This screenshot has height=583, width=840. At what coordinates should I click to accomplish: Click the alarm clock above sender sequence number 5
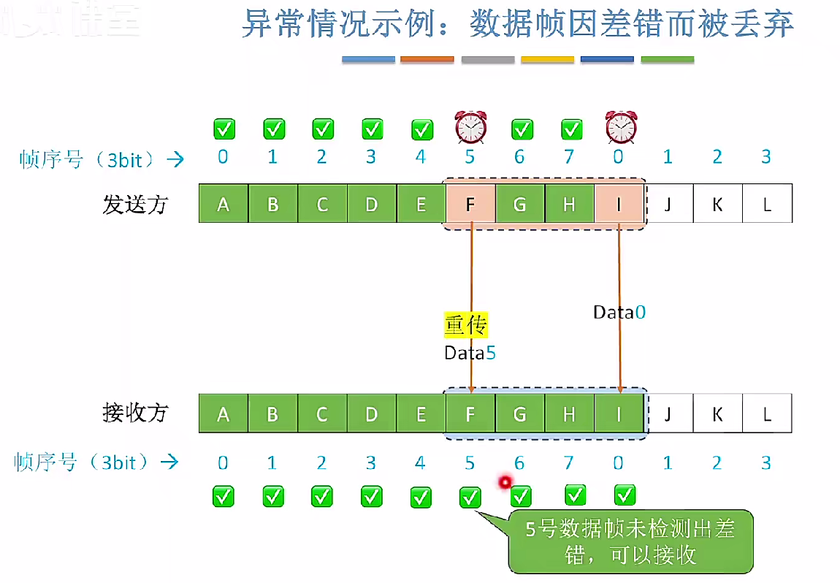click(x=470, y=127)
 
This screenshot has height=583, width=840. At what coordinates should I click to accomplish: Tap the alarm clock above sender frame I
click(x=620, y=127)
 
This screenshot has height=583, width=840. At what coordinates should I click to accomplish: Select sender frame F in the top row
click(x=470, y=205)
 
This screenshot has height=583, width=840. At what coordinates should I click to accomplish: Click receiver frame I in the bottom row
click(x=619, y=414)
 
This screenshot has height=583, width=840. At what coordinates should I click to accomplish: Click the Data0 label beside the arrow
click(x=619, y=313)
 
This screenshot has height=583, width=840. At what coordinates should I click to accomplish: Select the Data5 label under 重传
click(x=470, y=353)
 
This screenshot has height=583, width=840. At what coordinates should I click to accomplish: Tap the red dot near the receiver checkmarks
click(x=503, y=482)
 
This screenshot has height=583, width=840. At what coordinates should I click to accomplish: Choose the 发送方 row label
click(x=135, y=205)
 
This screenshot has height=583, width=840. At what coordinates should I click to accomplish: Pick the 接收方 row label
click(x=135, y=414)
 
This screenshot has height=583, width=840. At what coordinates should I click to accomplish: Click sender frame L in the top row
click(x=767, y=205)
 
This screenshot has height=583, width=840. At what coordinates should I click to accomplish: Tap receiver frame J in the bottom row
click(x=668, y=414)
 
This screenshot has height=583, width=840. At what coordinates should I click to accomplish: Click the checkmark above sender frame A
click(x=224, y=130)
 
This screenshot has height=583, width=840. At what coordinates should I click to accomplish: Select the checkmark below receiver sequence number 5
click(x=470, y=498)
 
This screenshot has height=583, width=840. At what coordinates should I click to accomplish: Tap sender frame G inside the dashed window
click(x=519, y=205)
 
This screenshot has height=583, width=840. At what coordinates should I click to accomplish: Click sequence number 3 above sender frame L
click(x=766, y=156)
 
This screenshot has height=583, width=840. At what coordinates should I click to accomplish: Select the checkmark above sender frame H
click(x=571, y=130)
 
